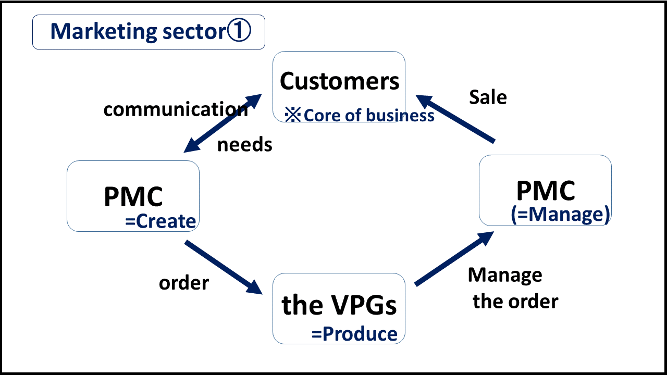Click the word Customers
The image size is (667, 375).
coord(339,81)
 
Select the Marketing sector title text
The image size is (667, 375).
coord(138,32)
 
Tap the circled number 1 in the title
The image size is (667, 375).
coord(239,31)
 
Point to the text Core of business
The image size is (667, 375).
coord(368,115)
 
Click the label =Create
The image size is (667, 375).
coord(160,221)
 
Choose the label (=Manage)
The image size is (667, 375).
coord(560,214)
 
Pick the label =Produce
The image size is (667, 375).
coord(354,334)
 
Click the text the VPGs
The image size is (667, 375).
coord(339,305)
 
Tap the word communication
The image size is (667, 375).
coord(176,109)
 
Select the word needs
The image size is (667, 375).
coord(244,145)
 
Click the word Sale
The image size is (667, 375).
coord(488,97)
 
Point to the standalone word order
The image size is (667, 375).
coord(184,283)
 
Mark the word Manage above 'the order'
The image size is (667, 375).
coord(505,274)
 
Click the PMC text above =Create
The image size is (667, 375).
coord(133,197)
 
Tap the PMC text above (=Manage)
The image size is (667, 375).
coord(546,191)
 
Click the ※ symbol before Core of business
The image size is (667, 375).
coord(293,115)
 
